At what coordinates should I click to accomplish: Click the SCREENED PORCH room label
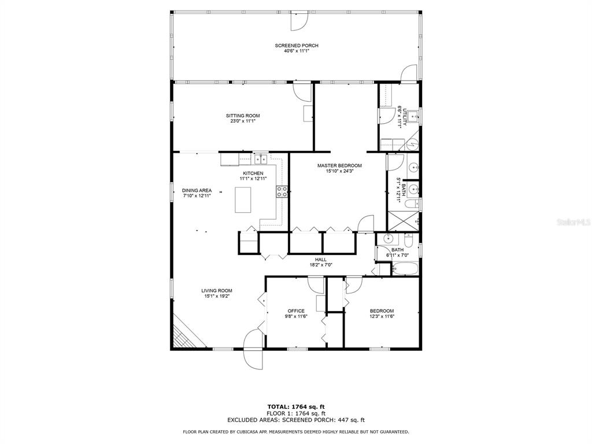297,46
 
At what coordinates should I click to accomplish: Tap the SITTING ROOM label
243,116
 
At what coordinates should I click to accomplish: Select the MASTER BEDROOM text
339,166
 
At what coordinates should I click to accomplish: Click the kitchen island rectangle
243,199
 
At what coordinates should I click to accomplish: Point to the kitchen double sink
261,160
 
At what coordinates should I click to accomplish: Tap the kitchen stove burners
282,192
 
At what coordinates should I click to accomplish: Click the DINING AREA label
197,191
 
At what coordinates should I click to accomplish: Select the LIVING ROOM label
217,291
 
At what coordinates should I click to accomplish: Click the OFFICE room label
296,311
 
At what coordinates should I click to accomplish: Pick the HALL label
321,260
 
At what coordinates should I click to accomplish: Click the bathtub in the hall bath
405,269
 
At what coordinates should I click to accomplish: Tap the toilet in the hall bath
409,240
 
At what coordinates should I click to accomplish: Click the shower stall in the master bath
404,221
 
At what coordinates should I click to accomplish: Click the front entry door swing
253,349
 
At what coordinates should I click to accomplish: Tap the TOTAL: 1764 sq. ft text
296,407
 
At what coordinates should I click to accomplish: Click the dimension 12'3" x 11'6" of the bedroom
382,317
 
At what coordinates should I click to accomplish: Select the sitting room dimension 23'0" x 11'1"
243,121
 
